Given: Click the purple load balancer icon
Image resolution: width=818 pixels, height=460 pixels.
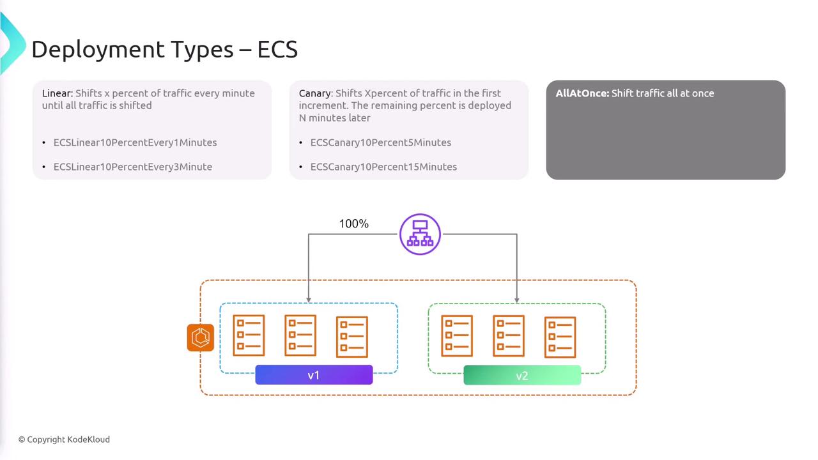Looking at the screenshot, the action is pyautogui.click(x=420, y=234).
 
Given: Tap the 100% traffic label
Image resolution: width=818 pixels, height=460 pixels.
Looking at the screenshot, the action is pyautogui.click(x=354, y=224).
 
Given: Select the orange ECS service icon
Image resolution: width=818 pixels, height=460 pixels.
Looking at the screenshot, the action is pyautogui.click(x=201, y=337).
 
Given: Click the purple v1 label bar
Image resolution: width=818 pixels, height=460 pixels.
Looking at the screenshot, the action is pyautogui.click(x=314, y=375).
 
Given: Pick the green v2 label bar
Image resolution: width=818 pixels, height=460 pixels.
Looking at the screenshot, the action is pyautogui.click(x=522, y=375).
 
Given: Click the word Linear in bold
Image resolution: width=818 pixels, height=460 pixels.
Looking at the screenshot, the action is pyautogui.click(x=58, y=93).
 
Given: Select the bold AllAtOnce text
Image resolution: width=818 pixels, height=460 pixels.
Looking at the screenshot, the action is pyautogui.click(x=582, y=93).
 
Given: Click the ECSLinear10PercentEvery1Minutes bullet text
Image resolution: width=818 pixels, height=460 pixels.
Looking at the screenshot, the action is pyautogui.click(x=135, y=142).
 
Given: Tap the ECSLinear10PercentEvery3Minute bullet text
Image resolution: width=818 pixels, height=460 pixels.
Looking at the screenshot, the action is pyautogui.click(x=133, y=167).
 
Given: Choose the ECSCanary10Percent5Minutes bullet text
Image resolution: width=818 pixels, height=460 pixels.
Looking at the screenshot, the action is pyautogui.click(x=381, y=142).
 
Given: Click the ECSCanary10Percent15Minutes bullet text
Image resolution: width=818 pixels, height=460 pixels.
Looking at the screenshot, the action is pyautogui.click(x=383, y=167).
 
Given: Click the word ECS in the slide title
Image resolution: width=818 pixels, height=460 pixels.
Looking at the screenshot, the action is pyautogui.click(x=277, y=49).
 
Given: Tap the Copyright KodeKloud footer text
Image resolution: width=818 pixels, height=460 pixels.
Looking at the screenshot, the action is pyautogui.click(x=64, y=440).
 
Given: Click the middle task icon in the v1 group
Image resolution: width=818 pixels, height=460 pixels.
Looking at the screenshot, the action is pyautogui.click(x=300, y=335).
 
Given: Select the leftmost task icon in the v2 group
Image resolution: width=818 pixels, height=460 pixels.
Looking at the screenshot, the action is pyautogui.click(x=457, y=336).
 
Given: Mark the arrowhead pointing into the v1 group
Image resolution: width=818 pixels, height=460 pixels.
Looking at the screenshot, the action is pyautogui.click(x=309, y=300).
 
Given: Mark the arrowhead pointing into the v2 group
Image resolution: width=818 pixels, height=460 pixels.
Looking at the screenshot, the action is pyautogui.click(x=517, y=300).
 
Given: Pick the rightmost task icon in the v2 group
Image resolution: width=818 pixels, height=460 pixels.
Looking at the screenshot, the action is pyautogui.click(x=560, y=337).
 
